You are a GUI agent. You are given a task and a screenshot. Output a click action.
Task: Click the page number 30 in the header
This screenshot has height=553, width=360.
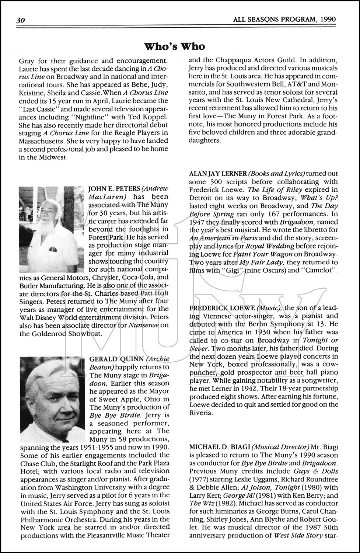[20, 21]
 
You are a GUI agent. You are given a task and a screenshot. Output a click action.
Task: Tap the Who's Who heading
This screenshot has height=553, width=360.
[180, 46]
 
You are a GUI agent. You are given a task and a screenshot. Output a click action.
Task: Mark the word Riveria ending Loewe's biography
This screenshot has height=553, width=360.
[200, 413]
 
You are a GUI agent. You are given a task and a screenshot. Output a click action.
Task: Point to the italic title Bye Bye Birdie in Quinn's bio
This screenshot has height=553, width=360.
[111, 415]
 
